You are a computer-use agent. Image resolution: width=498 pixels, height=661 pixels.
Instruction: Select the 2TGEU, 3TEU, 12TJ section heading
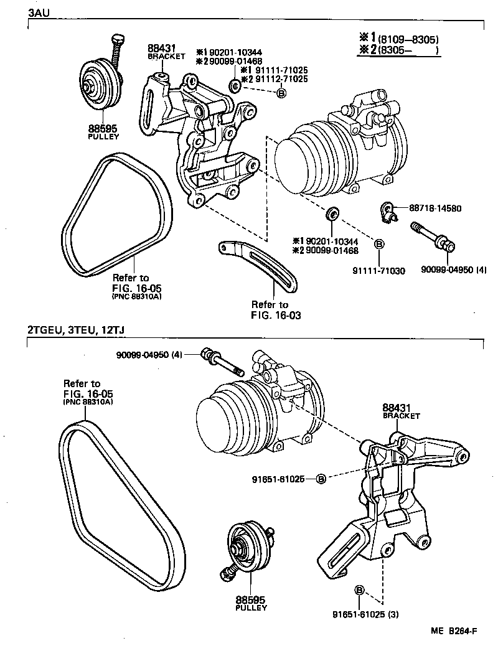click(80, 330)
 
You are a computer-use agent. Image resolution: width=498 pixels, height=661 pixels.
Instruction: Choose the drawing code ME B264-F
click(454, 631)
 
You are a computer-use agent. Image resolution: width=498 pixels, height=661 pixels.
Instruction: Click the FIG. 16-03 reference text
click(276, 315)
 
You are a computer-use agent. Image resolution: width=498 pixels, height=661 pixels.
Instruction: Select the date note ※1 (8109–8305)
click(399, 39)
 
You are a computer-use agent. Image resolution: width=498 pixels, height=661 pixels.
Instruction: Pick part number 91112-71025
click(278, 79)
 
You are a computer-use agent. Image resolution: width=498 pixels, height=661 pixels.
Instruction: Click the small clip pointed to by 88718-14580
click(388, 212)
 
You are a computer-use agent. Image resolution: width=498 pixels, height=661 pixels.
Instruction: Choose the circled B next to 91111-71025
click(281, 93)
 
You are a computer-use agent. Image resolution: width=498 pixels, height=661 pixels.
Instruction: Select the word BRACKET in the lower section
click(401, 416)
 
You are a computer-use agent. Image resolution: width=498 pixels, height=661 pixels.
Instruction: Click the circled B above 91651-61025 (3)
click(359, 589)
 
